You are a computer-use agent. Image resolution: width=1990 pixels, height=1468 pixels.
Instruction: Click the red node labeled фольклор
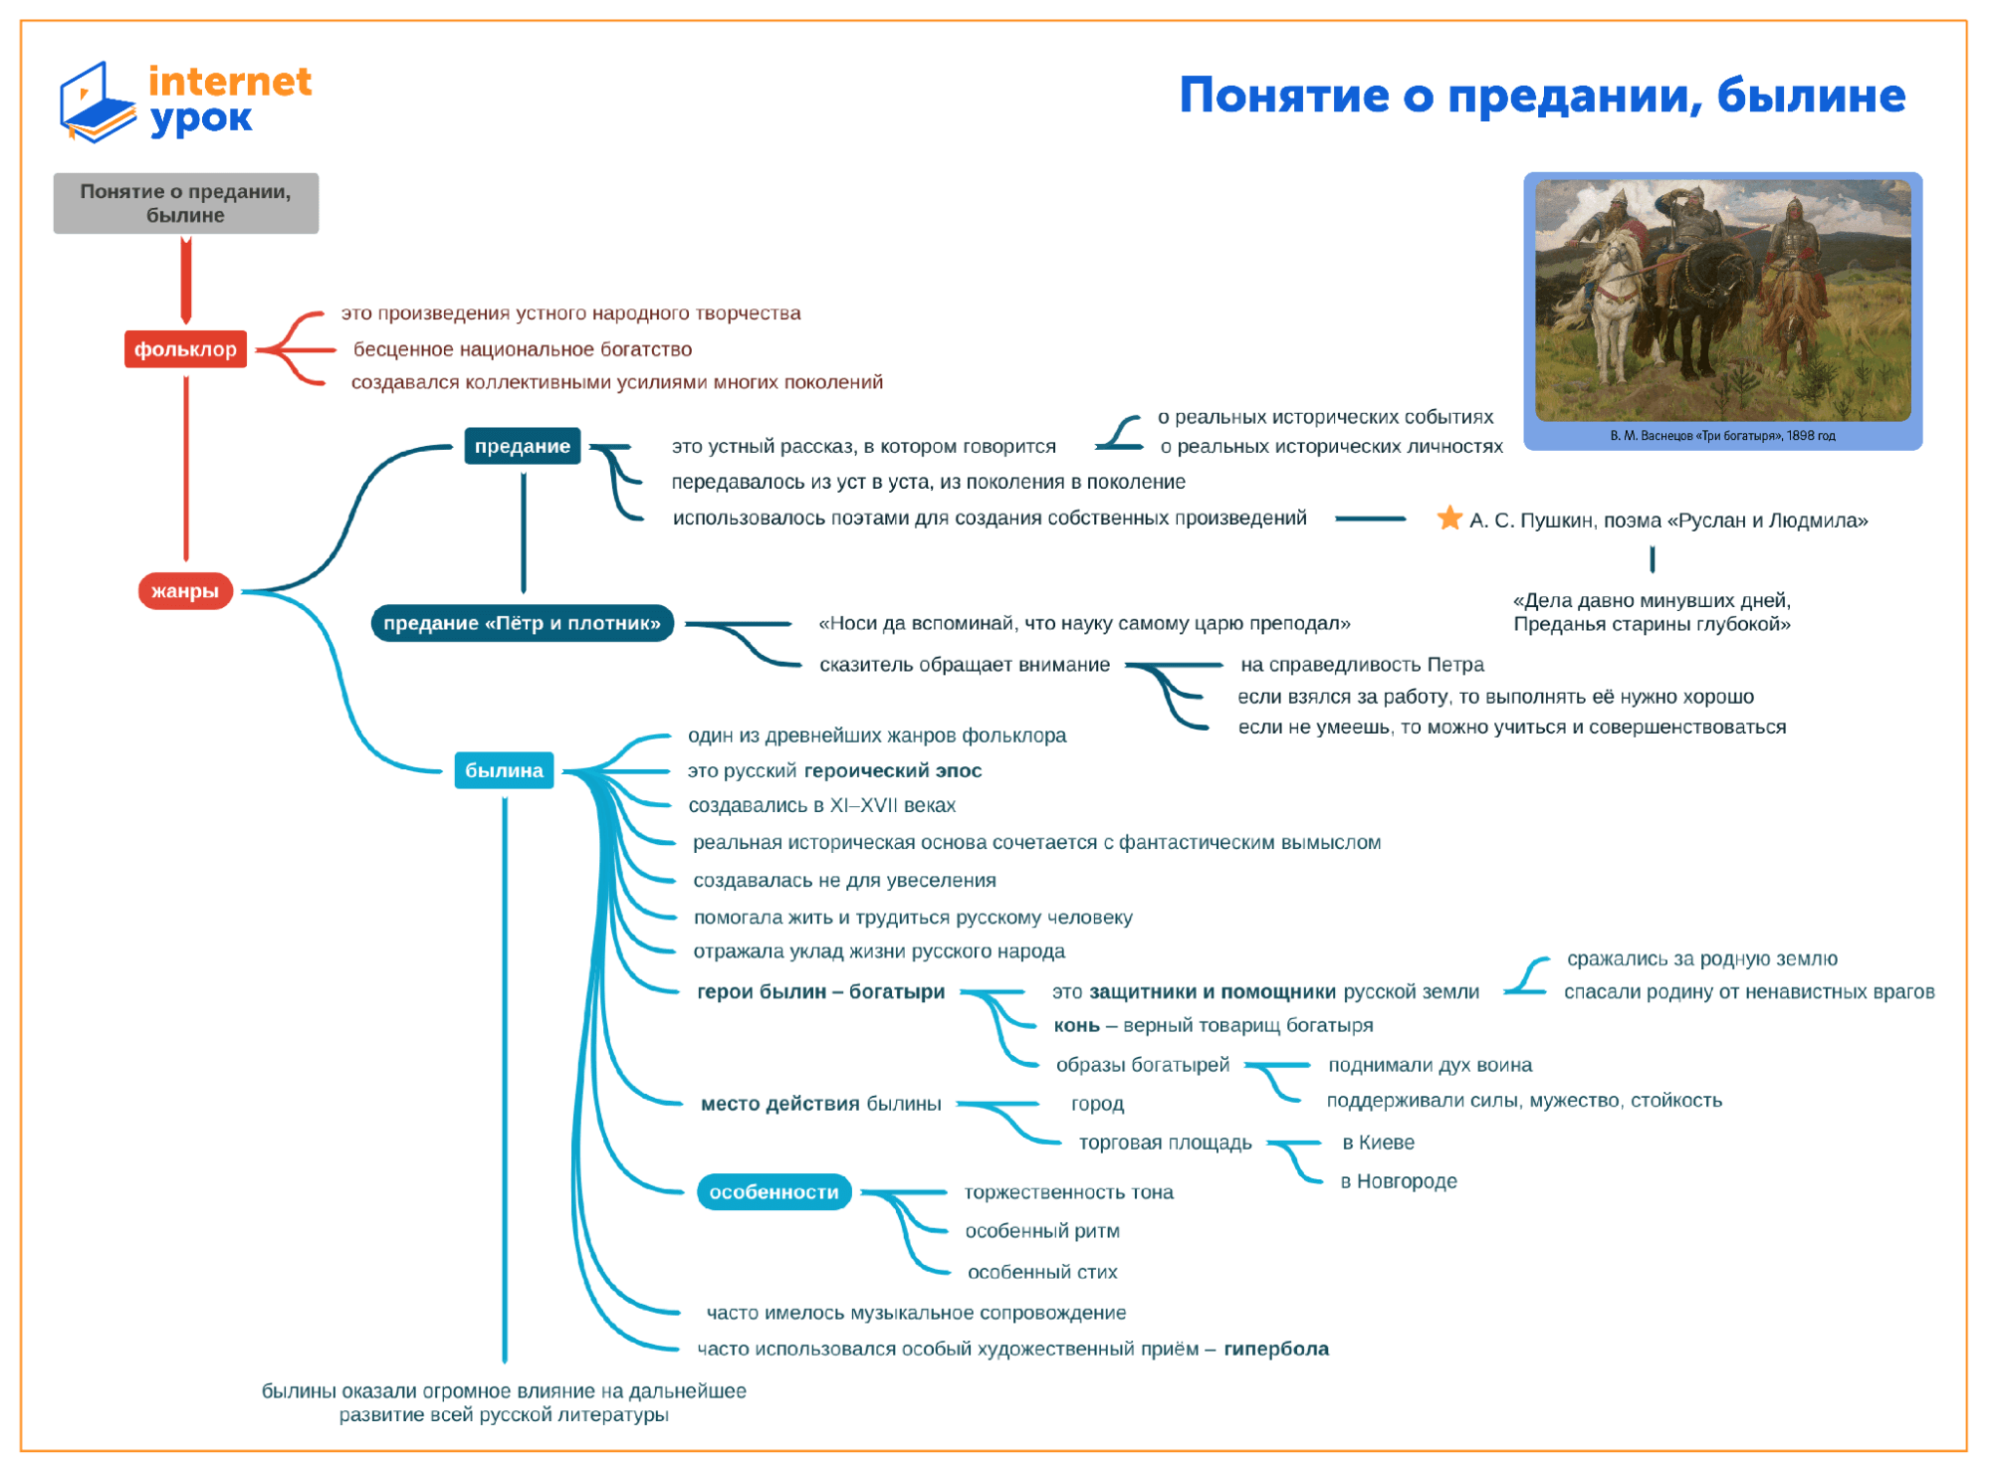coord(185,349)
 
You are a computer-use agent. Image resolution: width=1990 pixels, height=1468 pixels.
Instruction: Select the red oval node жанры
coord(185,591)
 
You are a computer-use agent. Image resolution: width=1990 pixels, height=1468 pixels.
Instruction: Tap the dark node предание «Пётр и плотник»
coord(522,624)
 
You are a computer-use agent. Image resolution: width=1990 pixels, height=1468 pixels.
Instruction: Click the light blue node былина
coord(504,770)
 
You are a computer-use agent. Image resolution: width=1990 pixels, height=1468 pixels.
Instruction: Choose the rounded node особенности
coord(774,1192)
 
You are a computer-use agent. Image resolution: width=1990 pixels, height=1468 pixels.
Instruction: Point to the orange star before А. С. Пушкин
coord(1449,519)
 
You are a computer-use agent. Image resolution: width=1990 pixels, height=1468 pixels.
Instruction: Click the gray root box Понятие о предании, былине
coord(186,203)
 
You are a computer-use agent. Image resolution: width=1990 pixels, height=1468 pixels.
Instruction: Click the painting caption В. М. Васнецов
coord(1722,436)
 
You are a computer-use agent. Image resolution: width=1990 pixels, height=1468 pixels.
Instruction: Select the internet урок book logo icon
coord(97,102)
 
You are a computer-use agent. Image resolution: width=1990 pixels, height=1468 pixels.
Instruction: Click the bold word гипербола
coord(1276,1350)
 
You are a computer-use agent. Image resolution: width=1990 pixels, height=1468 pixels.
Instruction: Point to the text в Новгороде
coord(1398,1181)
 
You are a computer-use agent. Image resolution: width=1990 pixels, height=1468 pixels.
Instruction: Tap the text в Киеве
coord(1378,1143)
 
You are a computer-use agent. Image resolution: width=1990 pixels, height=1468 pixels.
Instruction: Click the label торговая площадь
coord(1165,1143)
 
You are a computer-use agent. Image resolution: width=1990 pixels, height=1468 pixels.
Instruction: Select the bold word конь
coord(1076,1026)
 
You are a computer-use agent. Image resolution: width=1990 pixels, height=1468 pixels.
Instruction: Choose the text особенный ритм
coord(1042,1231)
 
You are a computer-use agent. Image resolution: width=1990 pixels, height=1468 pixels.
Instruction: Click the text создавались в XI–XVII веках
coord(821,805)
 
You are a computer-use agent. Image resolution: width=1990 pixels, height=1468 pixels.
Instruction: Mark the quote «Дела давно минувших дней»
coord(1652,601)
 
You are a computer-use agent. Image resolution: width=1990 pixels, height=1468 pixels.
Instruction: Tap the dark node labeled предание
coord(522,446)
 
